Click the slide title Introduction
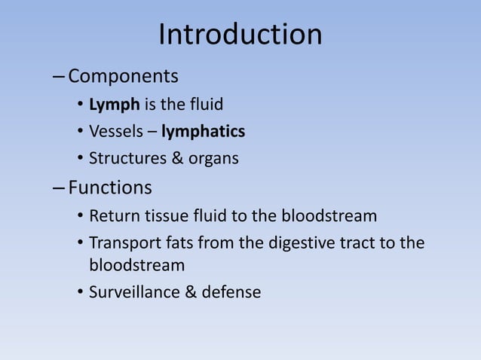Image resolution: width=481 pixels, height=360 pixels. pos(240,35)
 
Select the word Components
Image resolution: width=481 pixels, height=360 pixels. pos(124,77)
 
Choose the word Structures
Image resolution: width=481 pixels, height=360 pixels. pos(123,159)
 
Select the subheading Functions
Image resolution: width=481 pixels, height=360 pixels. pos(110,187)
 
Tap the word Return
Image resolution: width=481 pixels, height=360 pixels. pos(112,218)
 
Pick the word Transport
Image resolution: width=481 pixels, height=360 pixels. pos(122,245)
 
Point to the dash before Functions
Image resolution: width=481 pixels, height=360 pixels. pos(60,188)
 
